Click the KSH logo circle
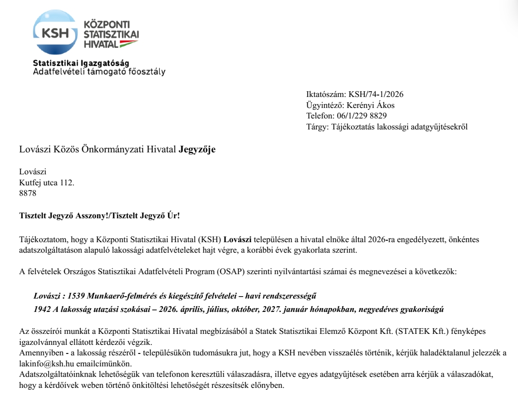pyautogui.click(x=55, y=33)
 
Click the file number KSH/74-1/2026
pyautogui.click(x=376, y=95)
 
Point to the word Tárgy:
pyautogui.click(x=317, y=127)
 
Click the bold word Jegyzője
pyautogui.click(x=197, y=150)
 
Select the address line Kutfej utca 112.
pyautogui.click(x=47, y=183)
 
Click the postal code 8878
pyautogui.click(x=28, y=193)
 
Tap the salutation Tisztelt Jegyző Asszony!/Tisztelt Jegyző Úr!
pyautogui.click(x=100, y=215)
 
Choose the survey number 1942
pyautogui.click(x=42, y=309)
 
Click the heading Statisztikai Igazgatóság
pyautogui.click(x=81, y=64)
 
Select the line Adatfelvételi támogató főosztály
pyautogui.click(x=99, y=72)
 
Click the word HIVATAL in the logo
pyautogui.click(x=100, y=44)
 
